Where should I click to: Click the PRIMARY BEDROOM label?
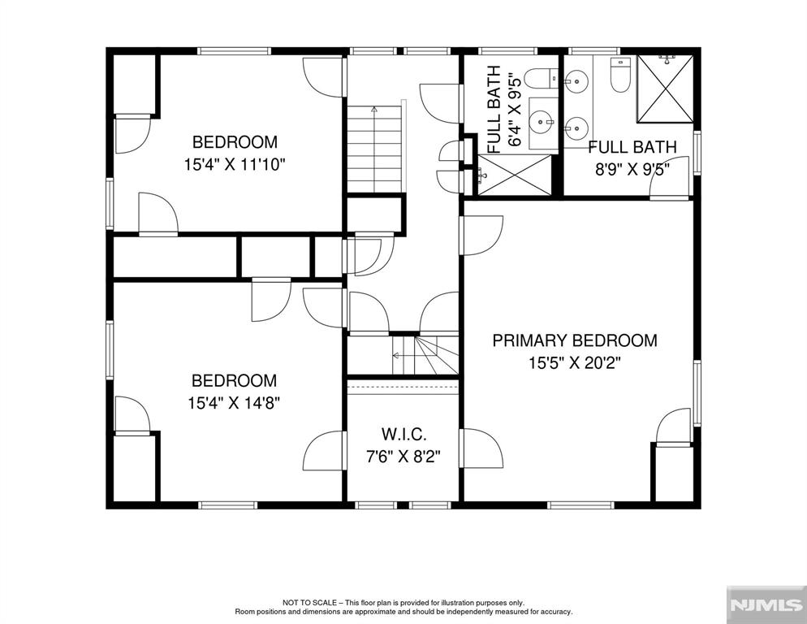[575, 340]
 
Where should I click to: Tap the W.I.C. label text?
[403, 435]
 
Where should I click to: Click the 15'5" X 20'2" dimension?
[575, 363]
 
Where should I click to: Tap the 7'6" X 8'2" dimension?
[403, 457]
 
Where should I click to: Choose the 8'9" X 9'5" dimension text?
[632, 170]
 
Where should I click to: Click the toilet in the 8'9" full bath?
[620, 75]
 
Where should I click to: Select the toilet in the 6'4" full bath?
[541, 79]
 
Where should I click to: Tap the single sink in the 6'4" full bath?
[542, 123]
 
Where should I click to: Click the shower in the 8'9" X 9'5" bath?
[665, 89]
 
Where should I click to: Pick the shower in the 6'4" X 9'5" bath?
[514, 175]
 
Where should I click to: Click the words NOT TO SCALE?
[309, 602]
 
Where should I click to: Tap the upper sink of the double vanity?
[576, 81]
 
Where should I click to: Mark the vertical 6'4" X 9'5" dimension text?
[516, 109]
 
